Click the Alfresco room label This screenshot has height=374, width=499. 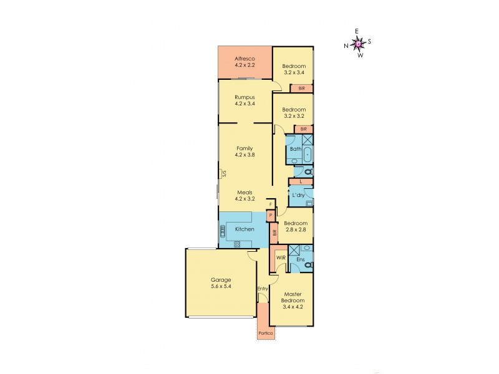coord(245,59)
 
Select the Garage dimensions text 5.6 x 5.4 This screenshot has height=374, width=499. coord(221,287)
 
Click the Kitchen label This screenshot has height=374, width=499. coord(245,229)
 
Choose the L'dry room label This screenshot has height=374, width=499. coord(298,195)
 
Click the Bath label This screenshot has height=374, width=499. coord(295,149)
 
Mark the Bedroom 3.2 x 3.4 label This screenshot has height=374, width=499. coord(294,69)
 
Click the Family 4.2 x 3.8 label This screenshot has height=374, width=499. coord(245,151)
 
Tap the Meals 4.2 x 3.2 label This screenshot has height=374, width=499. coord(245,196)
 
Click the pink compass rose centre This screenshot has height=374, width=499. coord(358,43)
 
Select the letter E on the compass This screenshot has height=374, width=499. coord(357,31)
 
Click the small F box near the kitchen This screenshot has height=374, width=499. coord(270,204)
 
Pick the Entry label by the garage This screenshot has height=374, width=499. coord(262,289)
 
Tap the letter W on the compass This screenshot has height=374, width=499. coord(360,55)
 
